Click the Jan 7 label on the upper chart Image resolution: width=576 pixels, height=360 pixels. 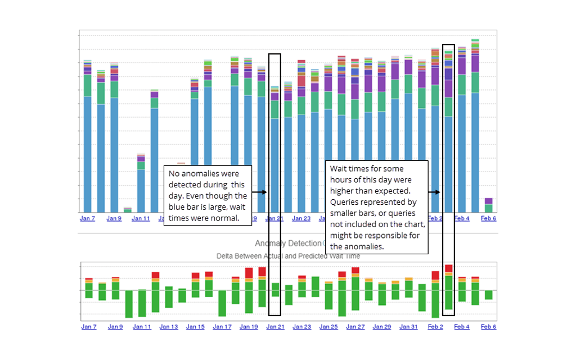click(x=88, y=218)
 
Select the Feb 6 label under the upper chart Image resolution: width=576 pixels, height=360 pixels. click(x=488, y=218)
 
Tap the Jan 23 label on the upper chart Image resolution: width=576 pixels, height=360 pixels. click(x=301, y=218)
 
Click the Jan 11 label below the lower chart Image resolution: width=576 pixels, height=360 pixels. click(x=141, y=327)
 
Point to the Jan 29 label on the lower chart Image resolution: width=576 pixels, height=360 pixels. click(x=381, y=327)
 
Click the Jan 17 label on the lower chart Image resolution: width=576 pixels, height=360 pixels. click(x=222, y=327)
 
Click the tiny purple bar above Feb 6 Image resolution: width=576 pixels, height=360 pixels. click(x=488, y=201)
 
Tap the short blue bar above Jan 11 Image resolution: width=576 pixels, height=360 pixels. click(x=141, y=191)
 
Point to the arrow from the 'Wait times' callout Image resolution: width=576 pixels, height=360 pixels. click(x=434, y=192)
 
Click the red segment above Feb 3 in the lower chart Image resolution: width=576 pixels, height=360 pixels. click(x=448, y=268)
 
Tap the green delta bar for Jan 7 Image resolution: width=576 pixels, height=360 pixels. click(x=88, y=289)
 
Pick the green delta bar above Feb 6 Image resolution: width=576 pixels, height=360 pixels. click(x=488, y=295)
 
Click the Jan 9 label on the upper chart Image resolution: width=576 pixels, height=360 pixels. click(x=114, y=218)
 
